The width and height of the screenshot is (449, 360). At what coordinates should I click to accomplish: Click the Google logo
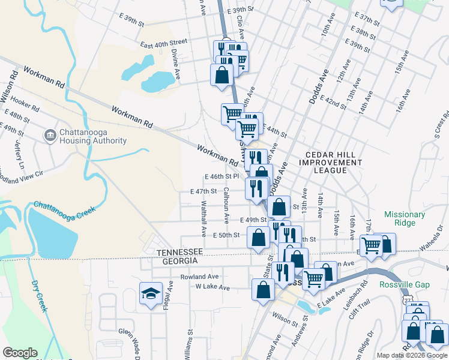[x=20, y=353]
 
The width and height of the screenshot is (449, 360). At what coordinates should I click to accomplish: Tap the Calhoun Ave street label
[x=226, y=203]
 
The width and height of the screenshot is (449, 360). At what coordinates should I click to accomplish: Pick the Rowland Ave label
[x=197, y=277]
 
